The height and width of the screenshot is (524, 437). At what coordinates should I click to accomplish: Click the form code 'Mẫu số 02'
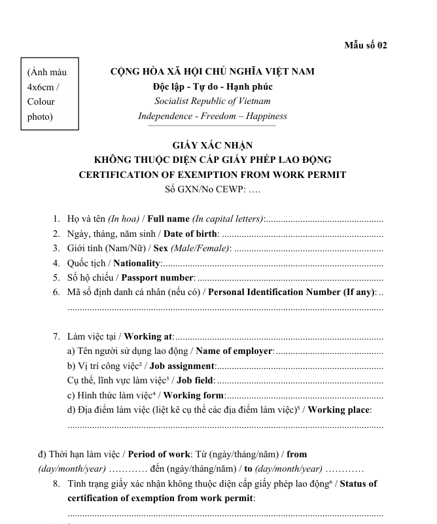[x=366, y=45]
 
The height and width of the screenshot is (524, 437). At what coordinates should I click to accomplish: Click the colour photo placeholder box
[x=50, y=94]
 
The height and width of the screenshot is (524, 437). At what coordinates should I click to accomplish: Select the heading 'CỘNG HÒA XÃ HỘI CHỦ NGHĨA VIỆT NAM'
[x=213, y=72]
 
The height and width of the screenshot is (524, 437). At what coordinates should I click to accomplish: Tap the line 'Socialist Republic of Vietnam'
[x=213, y=101]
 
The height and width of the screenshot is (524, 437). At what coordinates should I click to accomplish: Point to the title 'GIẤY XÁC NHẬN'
[x=213, y=145]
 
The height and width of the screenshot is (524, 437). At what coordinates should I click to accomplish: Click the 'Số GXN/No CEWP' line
[x=213, y=190]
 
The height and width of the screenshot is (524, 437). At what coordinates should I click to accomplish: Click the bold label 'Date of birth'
[x=190, y=234]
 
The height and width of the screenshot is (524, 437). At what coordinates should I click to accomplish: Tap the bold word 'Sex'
[x=161, y=249]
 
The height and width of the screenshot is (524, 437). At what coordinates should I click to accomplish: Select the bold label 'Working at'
[x=149, y=336]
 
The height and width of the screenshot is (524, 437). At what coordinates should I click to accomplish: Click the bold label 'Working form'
[x=194, y=395]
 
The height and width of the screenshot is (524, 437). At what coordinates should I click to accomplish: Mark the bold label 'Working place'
[x=339, y=410]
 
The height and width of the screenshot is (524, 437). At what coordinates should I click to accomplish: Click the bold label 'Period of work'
[x=159, y=454]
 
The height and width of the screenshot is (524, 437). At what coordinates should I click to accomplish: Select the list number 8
[x=57, y=484]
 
